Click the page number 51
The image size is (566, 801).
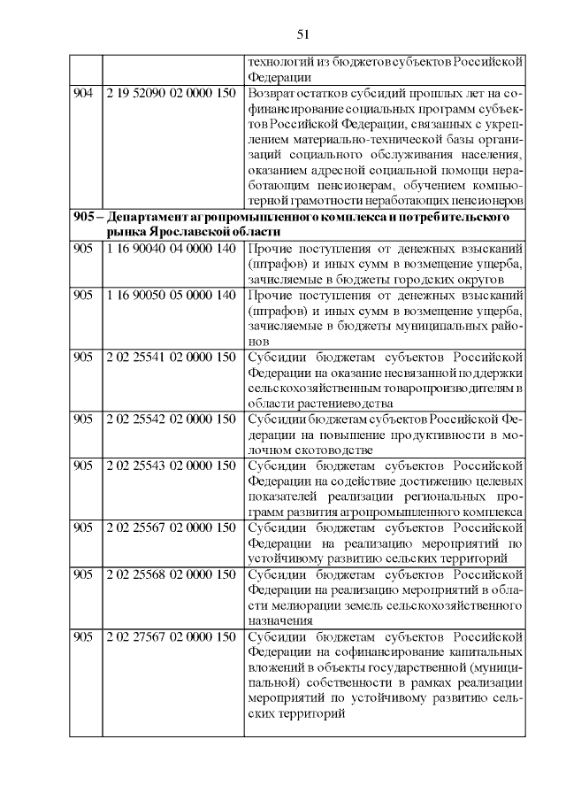pos(302,35)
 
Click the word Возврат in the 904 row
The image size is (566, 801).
pos(274,93)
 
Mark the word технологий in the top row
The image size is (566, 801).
pos(284,62)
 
